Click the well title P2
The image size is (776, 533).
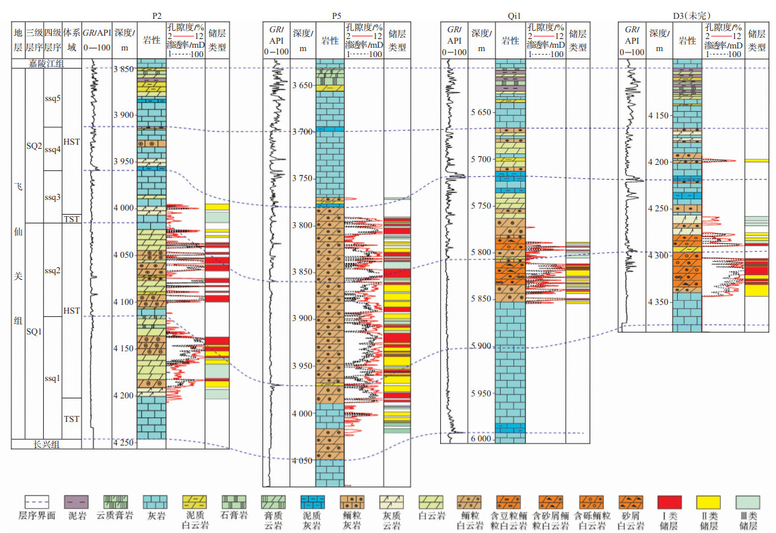[157, 15]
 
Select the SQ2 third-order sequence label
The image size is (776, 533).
[34, 146]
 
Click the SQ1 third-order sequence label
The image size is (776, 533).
[34, 332]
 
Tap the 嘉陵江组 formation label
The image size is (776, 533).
[46, 64]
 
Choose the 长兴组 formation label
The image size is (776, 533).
[46, 444]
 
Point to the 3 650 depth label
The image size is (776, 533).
[303, 85]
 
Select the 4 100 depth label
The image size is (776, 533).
[124, 301]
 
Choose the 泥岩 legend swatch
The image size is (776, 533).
[76, 502]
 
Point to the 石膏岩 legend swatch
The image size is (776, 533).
[234, 502]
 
